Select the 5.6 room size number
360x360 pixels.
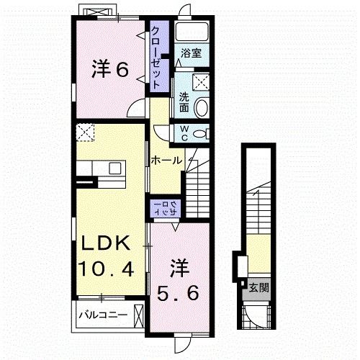[177, 293]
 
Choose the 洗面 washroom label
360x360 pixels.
[184, 103]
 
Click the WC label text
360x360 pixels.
[184, 132]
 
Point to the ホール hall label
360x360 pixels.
[166, 161]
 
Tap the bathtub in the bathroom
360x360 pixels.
[192, 32]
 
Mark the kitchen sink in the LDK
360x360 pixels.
[114, 168]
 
